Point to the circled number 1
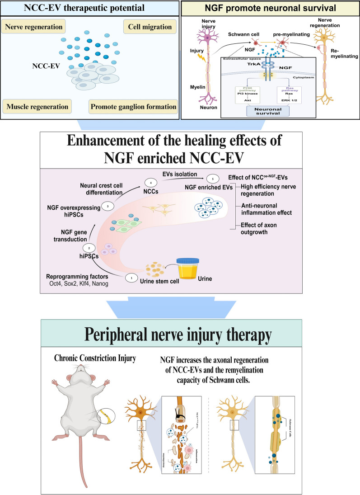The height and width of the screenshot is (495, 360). tap(131, 278)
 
